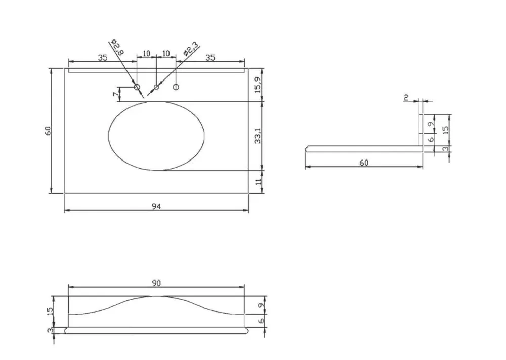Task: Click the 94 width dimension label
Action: [156, 206]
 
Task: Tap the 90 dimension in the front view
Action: [156, 283]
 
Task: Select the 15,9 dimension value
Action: [258, 85]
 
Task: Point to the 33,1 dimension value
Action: [258, 136]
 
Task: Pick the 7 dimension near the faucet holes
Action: [115, 94]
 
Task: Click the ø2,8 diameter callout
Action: [117, 48]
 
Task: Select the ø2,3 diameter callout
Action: [190, 49]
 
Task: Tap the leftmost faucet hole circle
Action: [137, 87]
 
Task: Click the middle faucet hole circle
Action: [156, 87]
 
